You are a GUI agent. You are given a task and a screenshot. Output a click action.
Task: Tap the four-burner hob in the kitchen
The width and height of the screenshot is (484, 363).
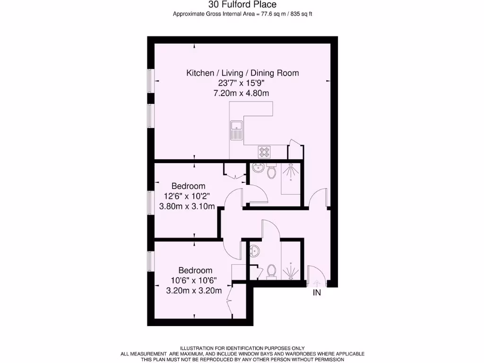click(x=264, y=152)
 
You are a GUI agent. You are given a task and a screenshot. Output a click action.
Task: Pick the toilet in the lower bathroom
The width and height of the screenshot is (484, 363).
click(x=271, y=271)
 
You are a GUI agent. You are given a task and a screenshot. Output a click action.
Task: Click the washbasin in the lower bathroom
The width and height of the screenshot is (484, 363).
click(x=254, y=250)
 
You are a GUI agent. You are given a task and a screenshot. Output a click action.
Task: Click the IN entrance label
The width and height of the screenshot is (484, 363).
click(x=317, y=293)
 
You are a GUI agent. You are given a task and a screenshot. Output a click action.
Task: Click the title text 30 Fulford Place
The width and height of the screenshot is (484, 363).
click(x=242, y=5)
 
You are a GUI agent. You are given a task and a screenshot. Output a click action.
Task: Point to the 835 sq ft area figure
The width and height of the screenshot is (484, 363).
click(x=302, y=14)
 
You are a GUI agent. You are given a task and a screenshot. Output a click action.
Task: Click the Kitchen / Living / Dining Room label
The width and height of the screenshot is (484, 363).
click(x=242, y=73)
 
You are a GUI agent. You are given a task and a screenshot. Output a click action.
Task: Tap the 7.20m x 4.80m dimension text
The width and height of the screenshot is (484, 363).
click(x=242, y=93)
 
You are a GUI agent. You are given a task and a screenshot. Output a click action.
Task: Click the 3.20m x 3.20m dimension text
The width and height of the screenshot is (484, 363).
click(x=194, y=291)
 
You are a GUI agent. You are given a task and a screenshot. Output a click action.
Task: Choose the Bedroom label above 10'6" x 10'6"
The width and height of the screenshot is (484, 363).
click(x=195, y=270)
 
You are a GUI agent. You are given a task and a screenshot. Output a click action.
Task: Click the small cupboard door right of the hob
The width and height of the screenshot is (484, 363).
click(x=294, y=151)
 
